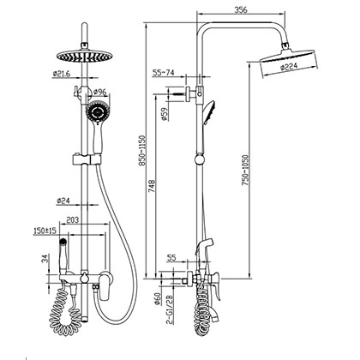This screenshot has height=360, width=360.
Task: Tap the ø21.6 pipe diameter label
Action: pyautogui.click(x=61, y=75)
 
